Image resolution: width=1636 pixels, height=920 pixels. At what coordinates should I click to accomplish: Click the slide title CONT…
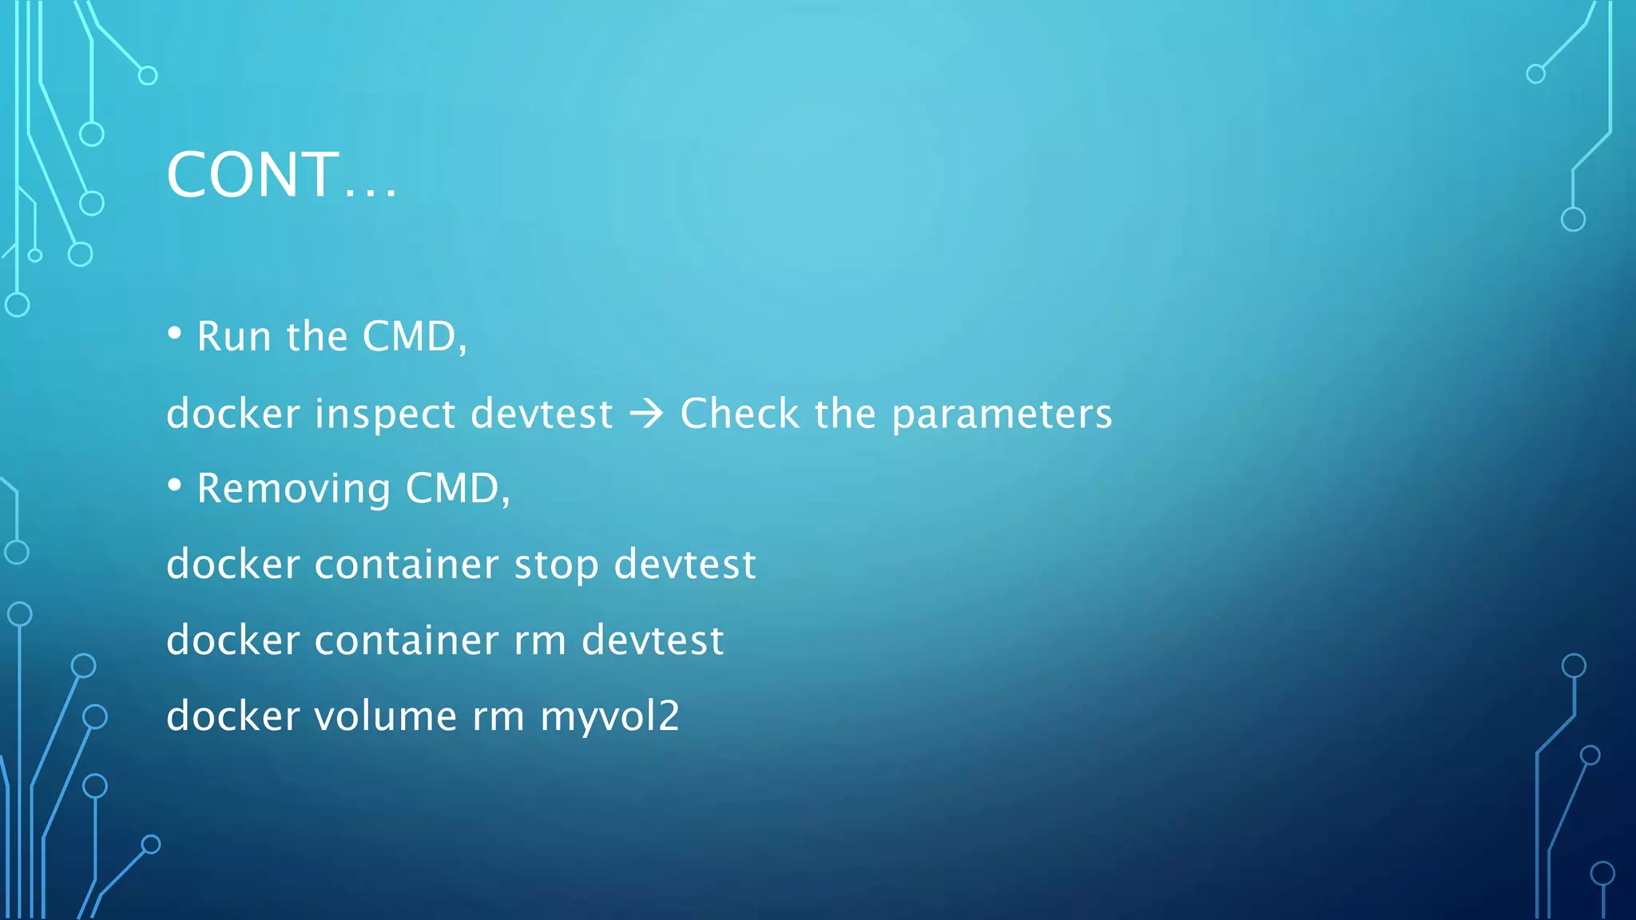coord(281,175)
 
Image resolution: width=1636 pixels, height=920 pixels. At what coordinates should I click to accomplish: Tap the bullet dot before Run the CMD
coord(175,333)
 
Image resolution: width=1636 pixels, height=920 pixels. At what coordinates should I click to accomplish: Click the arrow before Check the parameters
coord(646,414)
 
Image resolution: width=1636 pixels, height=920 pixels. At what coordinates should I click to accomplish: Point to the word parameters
coord(1002,414)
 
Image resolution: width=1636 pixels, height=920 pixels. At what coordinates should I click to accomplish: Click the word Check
coord(739,414)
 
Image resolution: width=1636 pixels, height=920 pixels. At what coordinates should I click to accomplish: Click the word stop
coord(556,565)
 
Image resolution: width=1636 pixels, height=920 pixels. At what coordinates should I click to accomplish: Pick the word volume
coord(385,716)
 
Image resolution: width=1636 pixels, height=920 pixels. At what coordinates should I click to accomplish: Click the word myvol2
coord(610,716)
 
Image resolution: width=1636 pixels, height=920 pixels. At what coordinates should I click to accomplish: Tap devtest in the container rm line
coord(653,640)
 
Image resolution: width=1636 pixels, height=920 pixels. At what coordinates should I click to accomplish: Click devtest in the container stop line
coord(685,565)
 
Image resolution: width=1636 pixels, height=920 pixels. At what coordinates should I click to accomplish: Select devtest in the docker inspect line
coord(542,414)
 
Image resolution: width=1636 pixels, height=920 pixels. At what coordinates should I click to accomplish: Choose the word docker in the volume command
coord(232,716)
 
